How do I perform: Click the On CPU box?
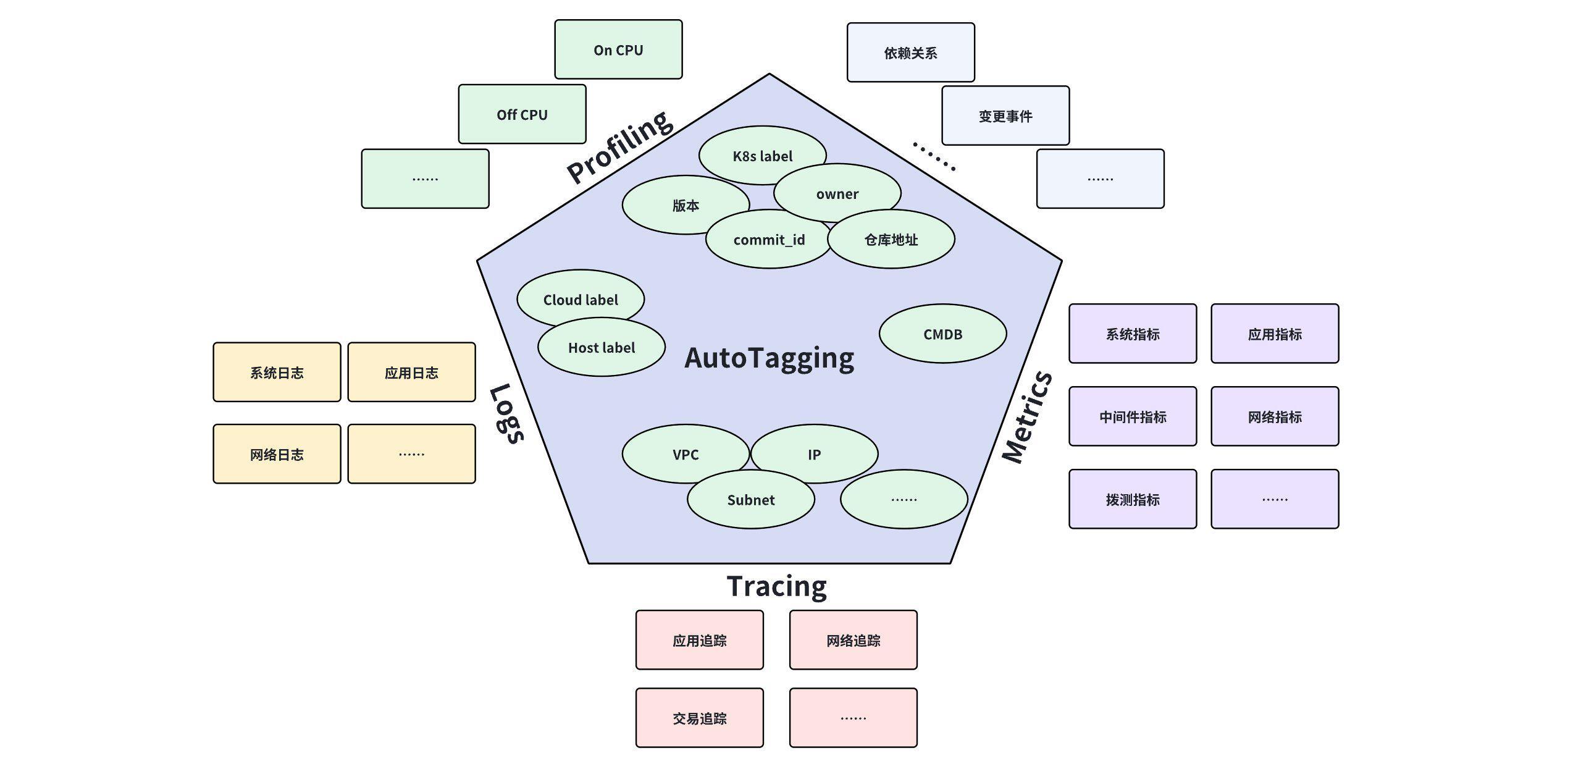tap(618, 50)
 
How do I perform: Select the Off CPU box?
tap(522, 115)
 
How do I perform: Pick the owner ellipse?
tap(837, 193)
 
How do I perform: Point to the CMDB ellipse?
tap(942, 334)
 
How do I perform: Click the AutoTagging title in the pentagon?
tap(769, 358)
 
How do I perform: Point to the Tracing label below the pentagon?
tap(776, 586)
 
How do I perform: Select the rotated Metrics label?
tap(1027, 417)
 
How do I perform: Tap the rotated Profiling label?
tap(619, 146)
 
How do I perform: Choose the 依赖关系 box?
tap(910, 53)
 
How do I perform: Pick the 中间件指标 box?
tap(1133, 417)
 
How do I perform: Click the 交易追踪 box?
tap(699, 718)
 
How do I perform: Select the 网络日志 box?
tap(277, 455)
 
